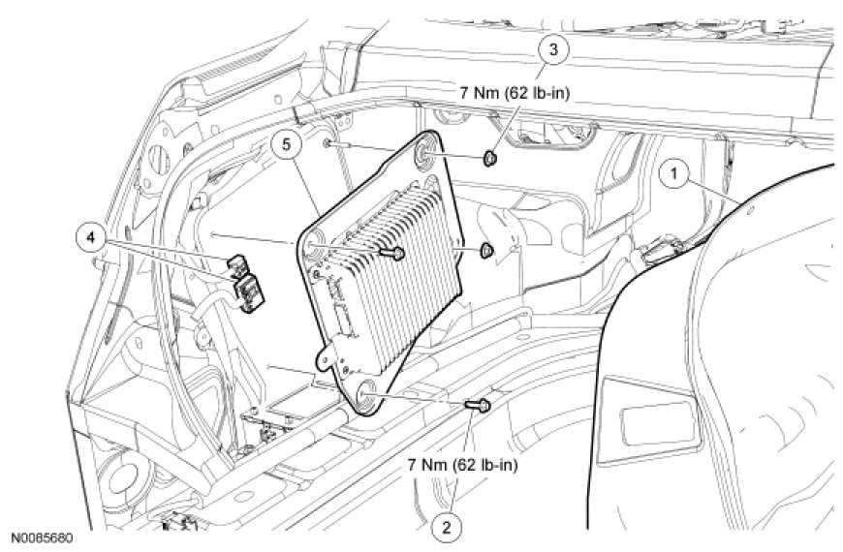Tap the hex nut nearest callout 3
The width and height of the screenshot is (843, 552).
[x=491, y=156]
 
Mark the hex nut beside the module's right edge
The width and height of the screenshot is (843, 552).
[x=486, y=252]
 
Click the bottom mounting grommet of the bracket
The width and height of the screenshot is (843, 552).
[x=366, y=389]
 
